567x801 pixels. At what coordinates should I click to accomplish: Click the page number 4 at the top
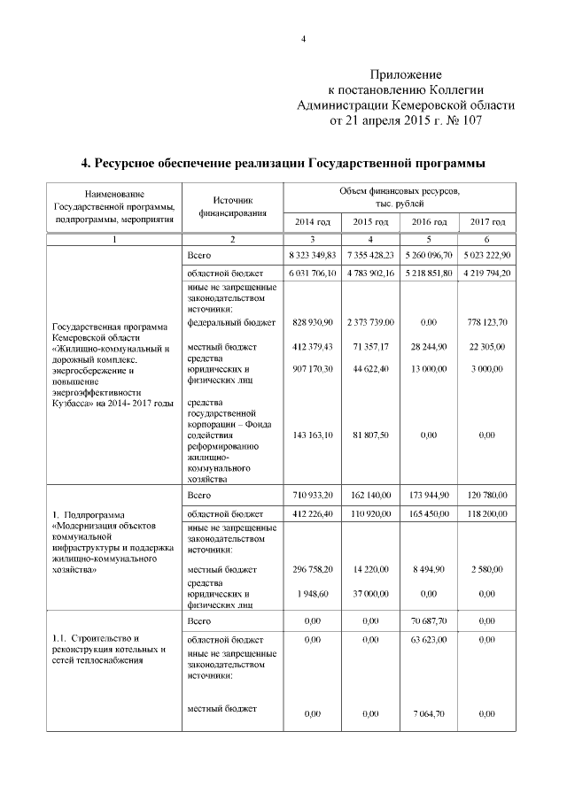pyautogui.click(x=303, y=39)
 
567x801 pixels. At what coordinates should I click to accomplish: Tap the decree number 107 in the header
pyautogui.click(x=467, y=120)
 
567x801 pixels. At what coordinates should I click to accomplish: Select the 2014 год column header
pyautogui.click(x=312, y=221)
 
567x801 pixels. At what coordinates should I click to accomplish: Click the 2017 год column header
pyautogui.click(x=486, y=221)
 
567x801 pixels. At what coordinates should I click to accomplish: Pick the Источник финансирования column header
pyautogui.click(x=232, y=207)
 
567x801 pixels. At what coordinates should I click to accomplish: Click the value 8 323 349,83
pyautogui.click(x=312, y=255)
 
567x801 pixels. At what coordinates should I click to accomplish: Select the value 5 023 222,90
pyautogui.click(x=486, y=255)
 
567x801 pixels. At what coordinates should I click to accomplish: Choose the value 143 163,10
pyautogui.click(x=312, y=435)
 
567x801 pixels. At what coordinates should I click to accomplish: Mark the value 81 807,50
pyautogui.click(x=370, y=435)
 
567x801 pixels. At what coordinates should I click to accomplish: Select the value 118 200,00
pyautogui.click(x=486, y=513)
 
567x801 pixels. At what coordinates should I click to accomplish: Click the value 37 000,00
pyautogui.click(x=370, y=594)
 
